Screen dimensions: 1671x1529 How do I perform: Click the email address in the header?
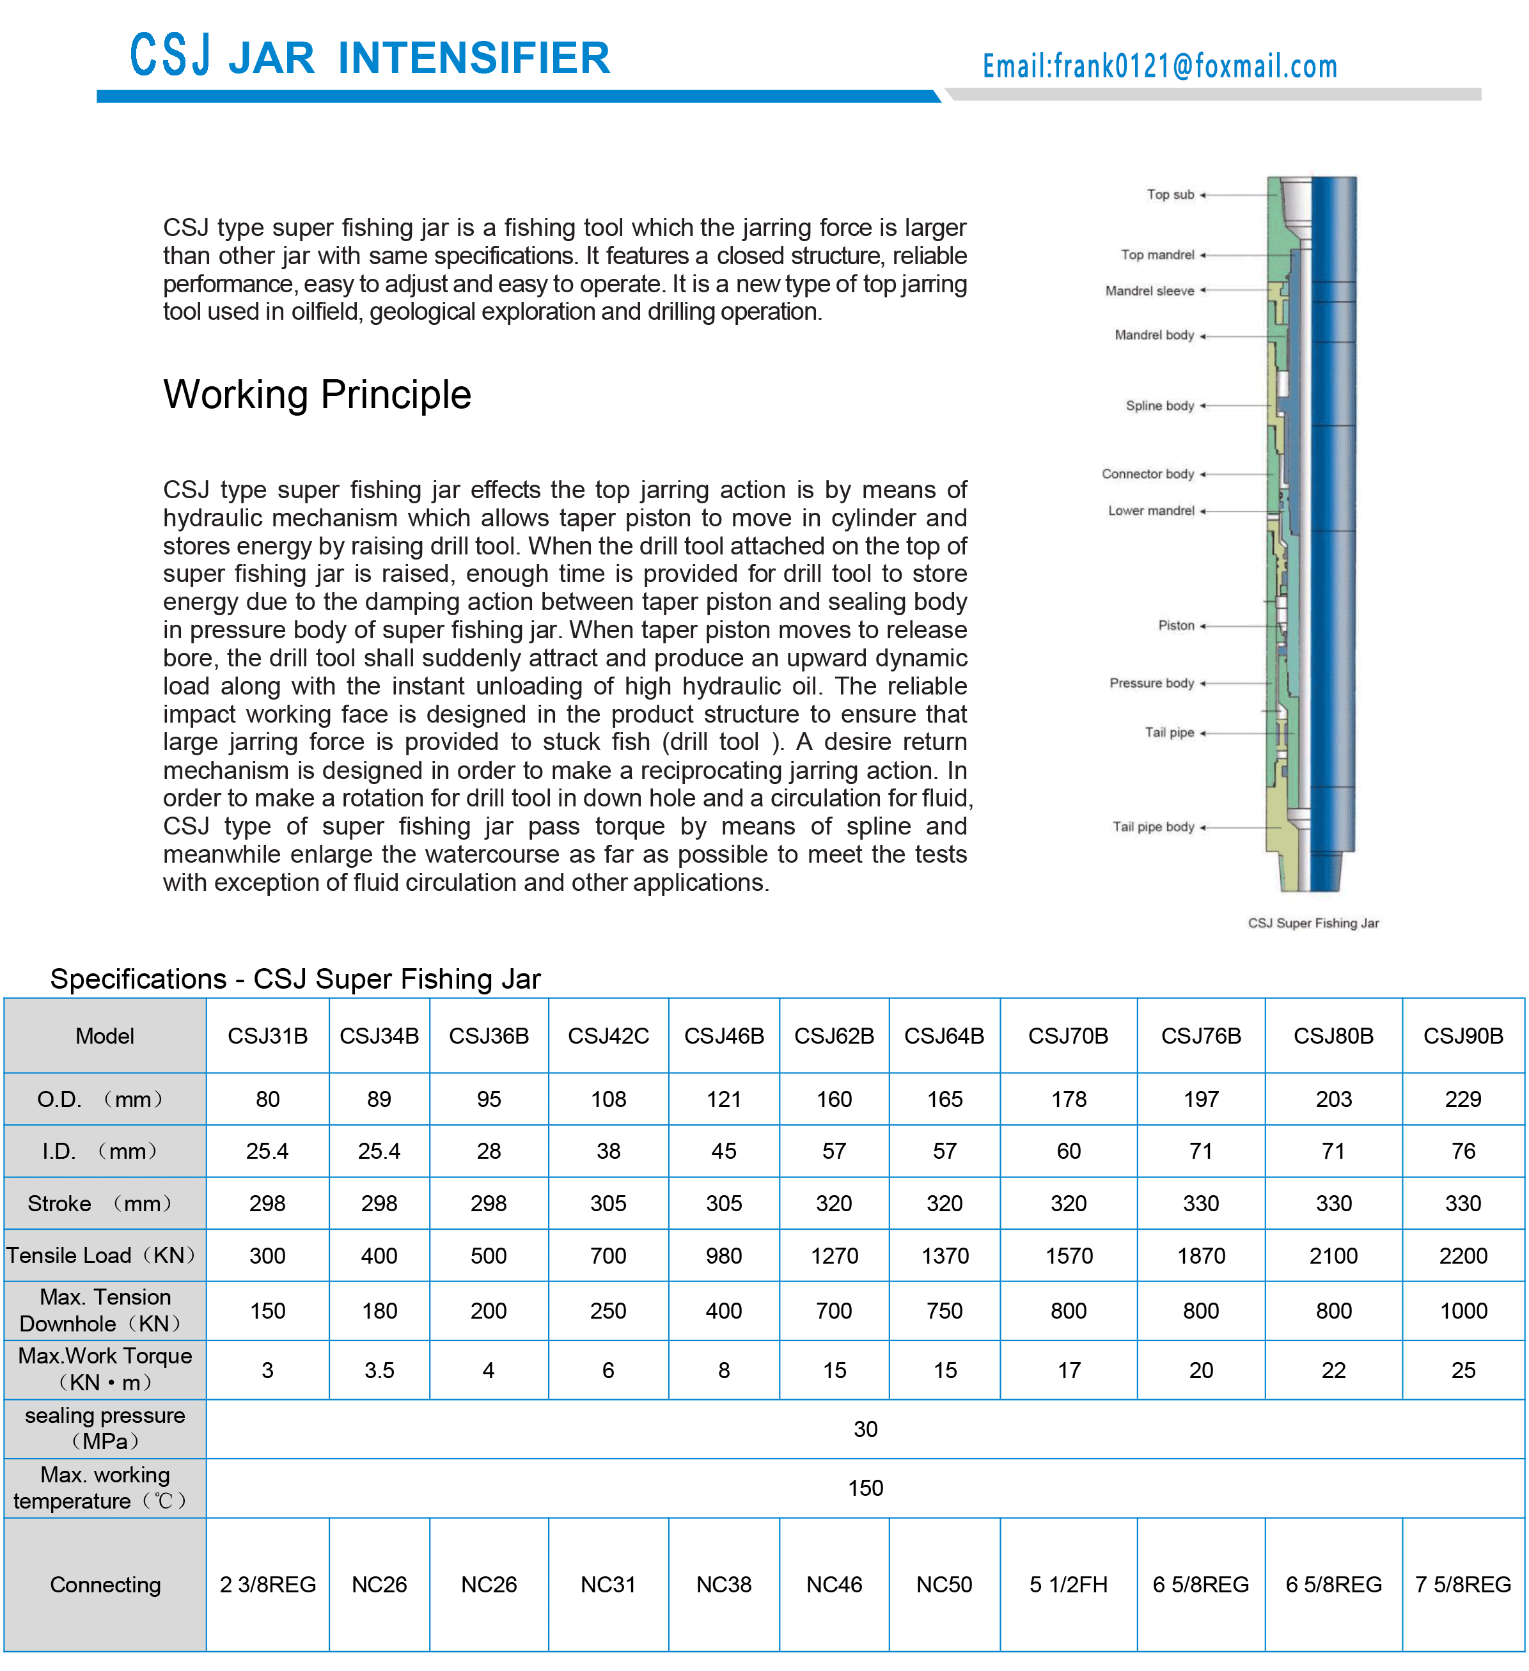(x=1159, y=65)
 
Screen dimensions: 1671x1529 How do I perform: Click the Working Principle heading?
(x=317, y=395)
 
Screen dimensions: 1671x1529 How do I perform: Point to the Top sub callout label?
(x=1170, y=195)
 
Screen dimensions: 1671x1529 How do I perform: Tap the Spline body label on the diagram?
(x=1159, y=406)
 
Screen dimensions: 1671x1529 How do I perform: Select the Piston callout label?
(x=1176, y=626)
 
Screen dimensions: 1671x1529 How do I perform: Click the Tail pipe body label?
(x=1153, y=828)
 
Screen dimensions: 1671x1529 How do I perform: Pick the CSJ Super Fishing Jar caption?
(x=1313, y=923)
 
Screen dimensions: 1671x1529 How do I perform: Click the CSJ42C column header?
(x=608, y=1036)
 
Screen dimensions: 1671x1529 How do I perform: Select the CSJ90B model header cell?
(x=1462, y=1036)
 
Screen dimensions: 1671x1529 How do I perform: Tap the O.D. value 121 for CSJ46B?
(x=723, y=1099)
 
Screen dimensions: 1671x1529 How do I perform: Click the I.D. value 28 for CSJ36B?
(x=488, y=1151)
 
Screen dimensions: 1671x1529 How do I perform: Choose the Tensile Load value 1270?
(x=834, y=1256)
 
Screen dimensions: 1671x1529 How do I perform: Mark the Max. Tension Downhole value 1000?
(x=1462, y=1310)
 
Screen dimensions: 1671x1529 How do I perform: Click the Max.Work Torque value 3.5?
(x=379, y=1370)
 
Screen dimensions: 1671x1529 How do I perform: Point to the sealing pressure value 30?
(x=865, y=1429)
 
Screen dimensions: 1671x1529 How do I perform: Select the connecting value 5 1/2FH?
(x=1068, y=1585)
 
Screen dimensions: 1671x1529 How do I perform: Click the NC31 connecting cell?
(x=608, y=1585)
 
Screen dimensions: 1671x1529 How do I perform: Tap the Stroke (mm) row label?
(x=100, y=1204)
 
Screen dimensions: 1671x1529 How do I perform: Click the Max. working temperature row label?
(x=104, y=1488)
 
